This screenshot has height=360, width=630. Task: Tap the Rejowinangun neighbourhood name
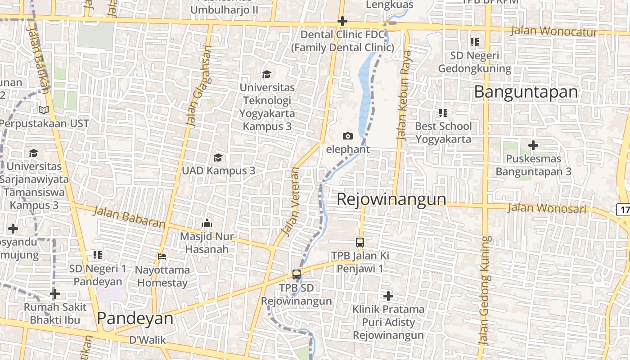coord(391,199)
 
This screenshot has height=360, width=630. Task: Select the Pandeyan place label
coord(135,318)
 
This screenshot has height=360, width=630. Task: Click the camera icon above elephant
coord(348,136)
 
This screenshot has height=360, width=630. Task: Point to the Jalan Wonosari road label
coord(547,208)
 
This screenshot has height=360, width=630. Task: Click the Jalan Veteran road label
coord(290,202)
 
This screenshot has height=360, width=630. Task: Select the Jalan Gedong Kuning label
coord(484,290)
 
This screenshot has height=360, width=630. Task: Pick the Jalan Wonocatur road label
coord(554,31)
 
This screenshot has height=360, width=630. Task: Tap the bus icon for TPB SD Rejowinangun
coord(297,274)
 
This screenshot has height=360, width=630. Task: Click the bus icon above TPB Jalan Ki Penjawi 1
coord(360,242)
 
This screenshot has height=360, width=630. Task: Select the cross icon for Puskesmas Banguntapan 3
coord(533,145)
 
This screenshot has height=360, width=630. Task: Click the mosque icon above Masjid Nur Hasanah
coord(207,223)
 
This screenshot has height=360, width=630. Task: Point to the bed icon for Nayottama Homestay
coord(162,256)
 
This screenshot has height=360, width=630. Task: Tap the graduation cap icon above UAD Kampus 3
coord(218,157)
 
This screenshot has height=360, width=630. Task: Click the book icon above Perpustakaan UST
coord(44,110)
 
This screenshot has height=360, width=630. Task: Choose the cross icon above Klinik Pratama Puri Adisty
coord(388,296)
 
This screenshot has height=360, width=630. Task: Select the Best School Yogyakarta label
coord(443,132)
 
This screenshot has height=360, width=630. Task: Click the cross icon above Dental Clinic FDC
coord(342,21)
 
